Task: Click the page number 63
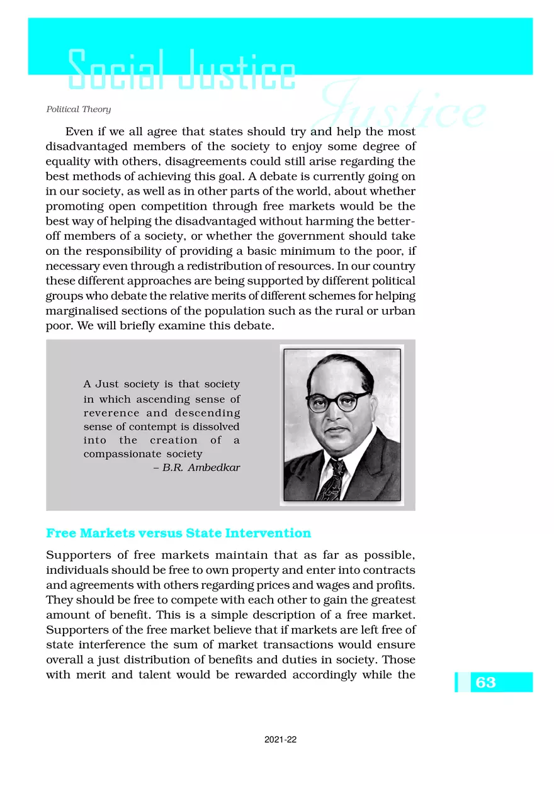coord(486,682)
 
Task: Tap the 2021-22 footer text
coord(281,741)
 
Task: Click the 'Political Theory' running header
coord(79,109)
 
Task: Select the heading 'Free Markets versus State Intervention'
coord(179,533)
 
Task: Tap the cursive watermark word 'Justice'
coord(403,110)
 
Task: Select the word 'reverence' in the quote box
coord(112,413)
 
